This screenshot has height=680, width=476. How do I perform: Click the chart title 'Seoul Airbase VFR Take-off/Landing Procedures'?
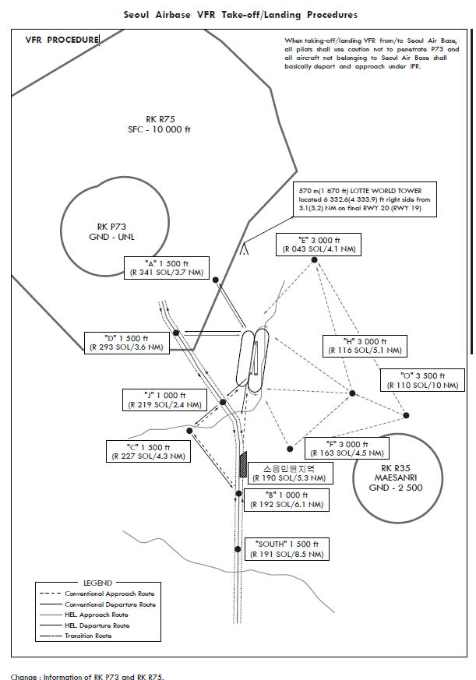[x=241, y=14]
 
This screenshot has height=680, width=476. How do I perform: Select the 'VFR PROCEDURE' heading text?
[x=62, y=40]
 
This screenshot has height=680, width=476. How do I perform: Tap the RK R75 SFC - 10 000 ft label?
[x=159, y=125]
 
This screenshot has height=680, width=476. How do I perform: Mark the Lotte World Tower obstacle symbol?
[x=245, y=249]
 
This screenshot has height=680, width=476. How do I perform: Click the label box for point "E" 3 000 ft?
[x=318, y=245]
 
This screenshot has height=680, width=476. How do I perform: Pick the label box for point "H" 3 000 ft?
[x=364, y=346]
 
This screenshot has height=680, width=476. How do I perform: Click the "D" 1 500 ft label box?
[x=125, y=343]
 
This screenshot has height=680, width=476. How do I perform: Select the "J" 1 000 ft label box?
[x=164, y=400]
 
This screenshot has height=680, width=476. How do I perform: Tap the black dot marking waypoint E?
[x=316, y=260]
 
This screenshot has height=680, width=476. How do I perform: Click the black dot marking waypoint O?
[x=405, y=414]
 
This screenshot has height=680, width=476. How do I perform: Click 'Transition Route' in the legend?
[x=88, y=636]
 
